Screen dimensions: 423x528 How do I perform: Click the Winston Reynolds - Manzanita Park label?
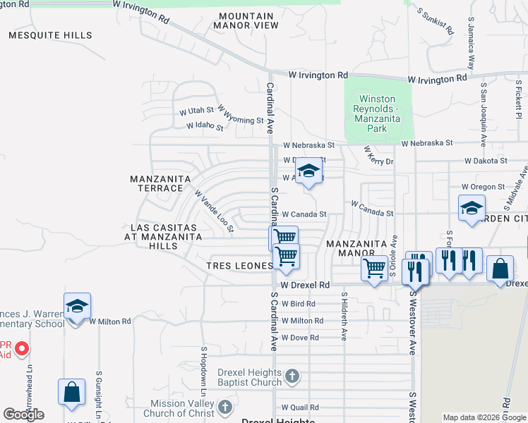[x=377, y=114]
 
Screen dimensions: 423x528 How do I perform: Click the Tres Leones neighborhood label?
[x=239, y=266]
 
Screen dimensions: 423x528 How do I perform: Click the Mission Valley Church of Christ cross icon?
[x=224, y=407]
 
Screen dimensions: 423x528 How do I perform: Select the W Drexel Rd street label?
[x=305, y=286]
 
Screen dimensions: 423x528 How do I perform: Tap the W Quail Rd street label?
[x=300, y=407]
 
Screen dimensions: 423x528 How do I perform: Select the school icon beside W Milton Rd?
[x=77, y=307]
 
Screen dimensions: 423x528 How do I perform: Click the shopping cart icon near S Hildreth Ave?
[x=374, y=268]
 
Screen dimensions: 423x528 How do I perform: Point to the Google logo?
[x=23, y=415]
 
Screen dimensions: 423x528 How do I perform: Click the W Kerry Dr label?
[x=378, y=157]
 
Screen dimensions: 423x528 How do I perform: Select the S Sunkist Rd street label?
[x=434, y=23]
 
